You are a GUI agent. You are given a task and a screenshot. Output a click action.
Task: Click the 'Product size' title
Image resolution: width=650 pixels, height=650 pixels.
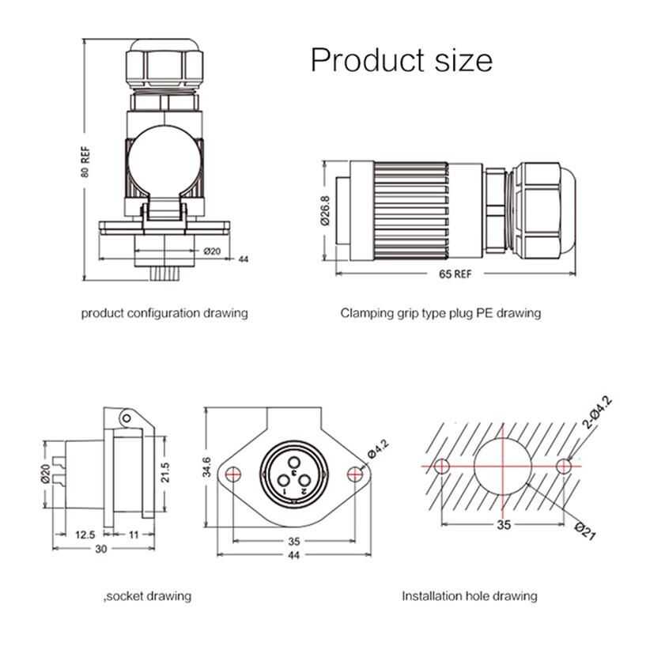pos(401,60)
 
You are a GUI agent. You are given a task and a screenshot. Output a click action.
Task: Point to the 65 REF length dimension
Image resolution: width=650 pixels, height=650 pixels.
pos(454,274)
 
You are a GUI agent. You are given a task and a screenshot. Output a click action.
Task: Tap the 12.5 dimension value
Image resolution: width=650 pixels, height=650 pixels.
pos(85,535)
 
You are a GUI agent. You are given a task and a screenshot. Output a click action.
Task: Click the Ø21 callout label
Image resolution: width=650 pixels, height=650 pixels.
pos(582,531)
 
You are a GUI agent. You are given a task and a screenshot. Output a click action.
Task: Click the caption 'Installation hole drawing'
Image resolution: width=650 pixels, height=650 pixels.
pos(469,595)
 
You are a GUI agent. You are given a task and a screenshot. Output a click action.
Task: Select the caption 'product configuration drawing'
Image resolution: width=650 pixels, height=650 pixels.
pos(164,313)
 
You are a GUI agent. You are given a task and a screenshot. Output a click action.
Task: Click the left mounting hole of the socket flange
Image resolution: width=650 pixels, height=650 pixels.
pos(232,474)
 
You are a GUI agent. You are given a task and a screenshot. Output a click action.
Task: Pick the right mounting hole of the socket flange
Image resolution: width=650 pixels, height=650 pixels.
pos(356,474)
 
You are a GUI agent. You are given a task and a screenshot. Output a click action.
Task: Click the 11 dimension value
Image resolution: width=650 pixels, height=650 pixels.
pos(132,535)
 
